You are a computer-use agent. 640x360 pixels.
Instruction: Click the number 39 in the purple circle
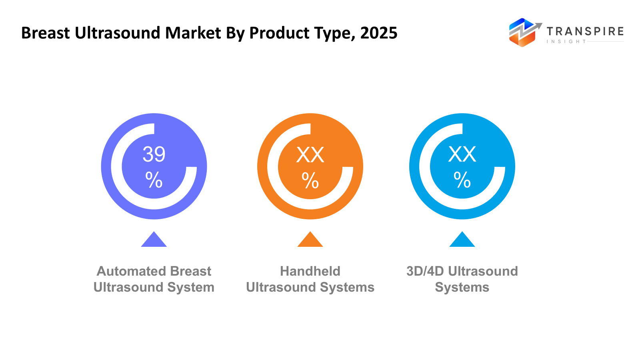point(154,154)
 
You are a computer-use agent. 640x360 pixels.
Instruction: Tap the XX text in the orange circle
point(310,155)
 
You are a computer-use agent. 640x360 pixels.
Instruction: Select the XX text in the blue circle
point(462,154)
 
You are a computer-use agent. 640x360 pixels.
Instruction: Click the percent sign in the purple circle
point(154,180)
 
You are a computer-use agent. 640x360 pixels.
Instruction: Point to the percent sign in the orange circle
point(310,180)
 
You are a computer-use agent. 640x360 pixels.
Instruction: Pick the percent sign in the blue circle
point(462,180)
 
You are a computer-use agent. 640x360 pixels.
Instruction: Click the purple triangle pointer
point(154,240)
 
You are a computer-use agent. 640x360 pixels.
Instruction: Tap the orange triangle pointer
point(310,240)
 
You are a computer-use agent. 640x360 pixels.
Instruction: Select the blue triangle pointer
point(462,240)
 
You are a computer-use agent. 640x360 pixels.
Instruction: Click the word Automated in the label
point(126,271)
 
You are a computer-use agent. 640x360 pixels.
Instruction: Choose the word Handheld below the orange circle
point(310,271)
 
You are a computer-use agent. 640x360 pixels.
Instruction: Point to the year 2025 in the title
point(378,33)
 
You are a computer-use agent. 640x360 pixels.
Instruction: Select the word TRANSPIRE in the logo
point(585,31)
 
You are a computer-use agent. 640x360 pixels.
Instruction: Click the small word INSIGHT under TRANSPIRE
point(566,42)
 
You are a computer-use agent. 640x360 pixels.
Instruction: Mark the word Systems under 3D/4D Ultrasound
point(462,287)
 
